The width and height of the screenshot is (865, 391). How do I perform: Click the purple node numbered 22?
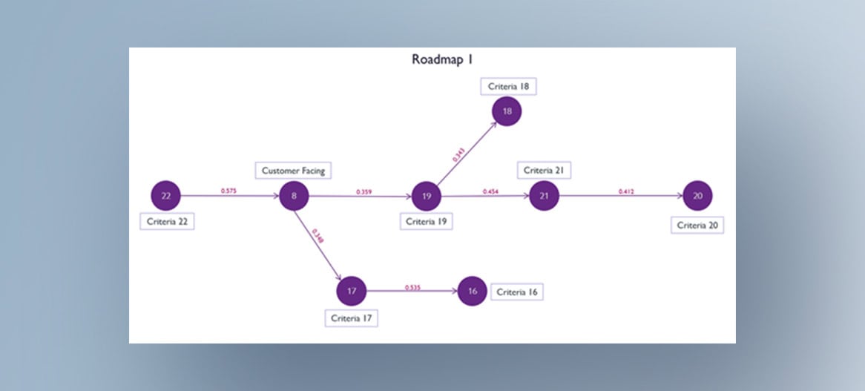[x=166, y=197]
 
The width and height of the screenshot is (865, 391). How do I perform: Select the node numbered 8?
[x=295, y=197]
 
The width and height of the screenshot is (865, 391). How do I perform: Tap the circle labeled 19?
[x=427, y=197]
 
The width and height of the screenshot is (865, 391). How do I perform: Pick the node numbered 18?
[x=507, y=111]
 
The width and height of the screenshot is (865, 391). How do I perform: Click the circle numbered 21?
[x=544, y=196]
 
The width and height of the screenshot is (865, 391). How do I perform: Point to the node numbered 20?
[x=697, y=196]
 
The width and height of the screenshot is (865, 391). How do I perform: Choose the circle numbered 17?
[x=352, y=292]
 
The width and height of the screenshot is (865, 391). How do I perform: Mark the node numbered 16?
[x=473, y=292]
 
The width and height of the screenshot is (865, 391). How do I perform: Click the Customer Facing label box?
[x=293, y=171]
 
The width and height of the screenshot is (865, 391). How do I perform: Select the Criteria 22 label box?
[x=167, y=221]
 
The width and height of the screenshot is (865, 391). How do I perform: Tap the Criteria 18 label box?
[x=508, y=87]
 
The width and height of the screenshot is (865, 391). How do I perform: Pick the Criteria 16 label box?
[x=516, y=292]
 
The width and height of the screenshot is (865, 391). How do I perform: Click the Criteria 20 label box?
[x=697, y=226]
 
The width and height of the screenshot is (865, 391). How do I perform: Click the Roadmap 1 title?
[x=442, y=60]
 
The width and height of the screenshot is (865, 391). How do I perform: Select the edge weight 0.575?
[x=228, y=191]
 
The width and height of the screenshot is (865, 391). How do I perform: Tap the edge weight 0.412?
[x=627, y=191]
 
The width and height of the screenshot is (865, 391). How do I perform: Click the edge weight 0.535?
[x=412, y=287]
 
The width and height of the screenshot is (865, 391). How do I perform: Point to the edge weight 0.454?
[x=490, y=191]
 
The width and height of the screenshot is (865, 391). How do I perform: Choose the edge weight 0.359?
[x=364, y=191]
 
